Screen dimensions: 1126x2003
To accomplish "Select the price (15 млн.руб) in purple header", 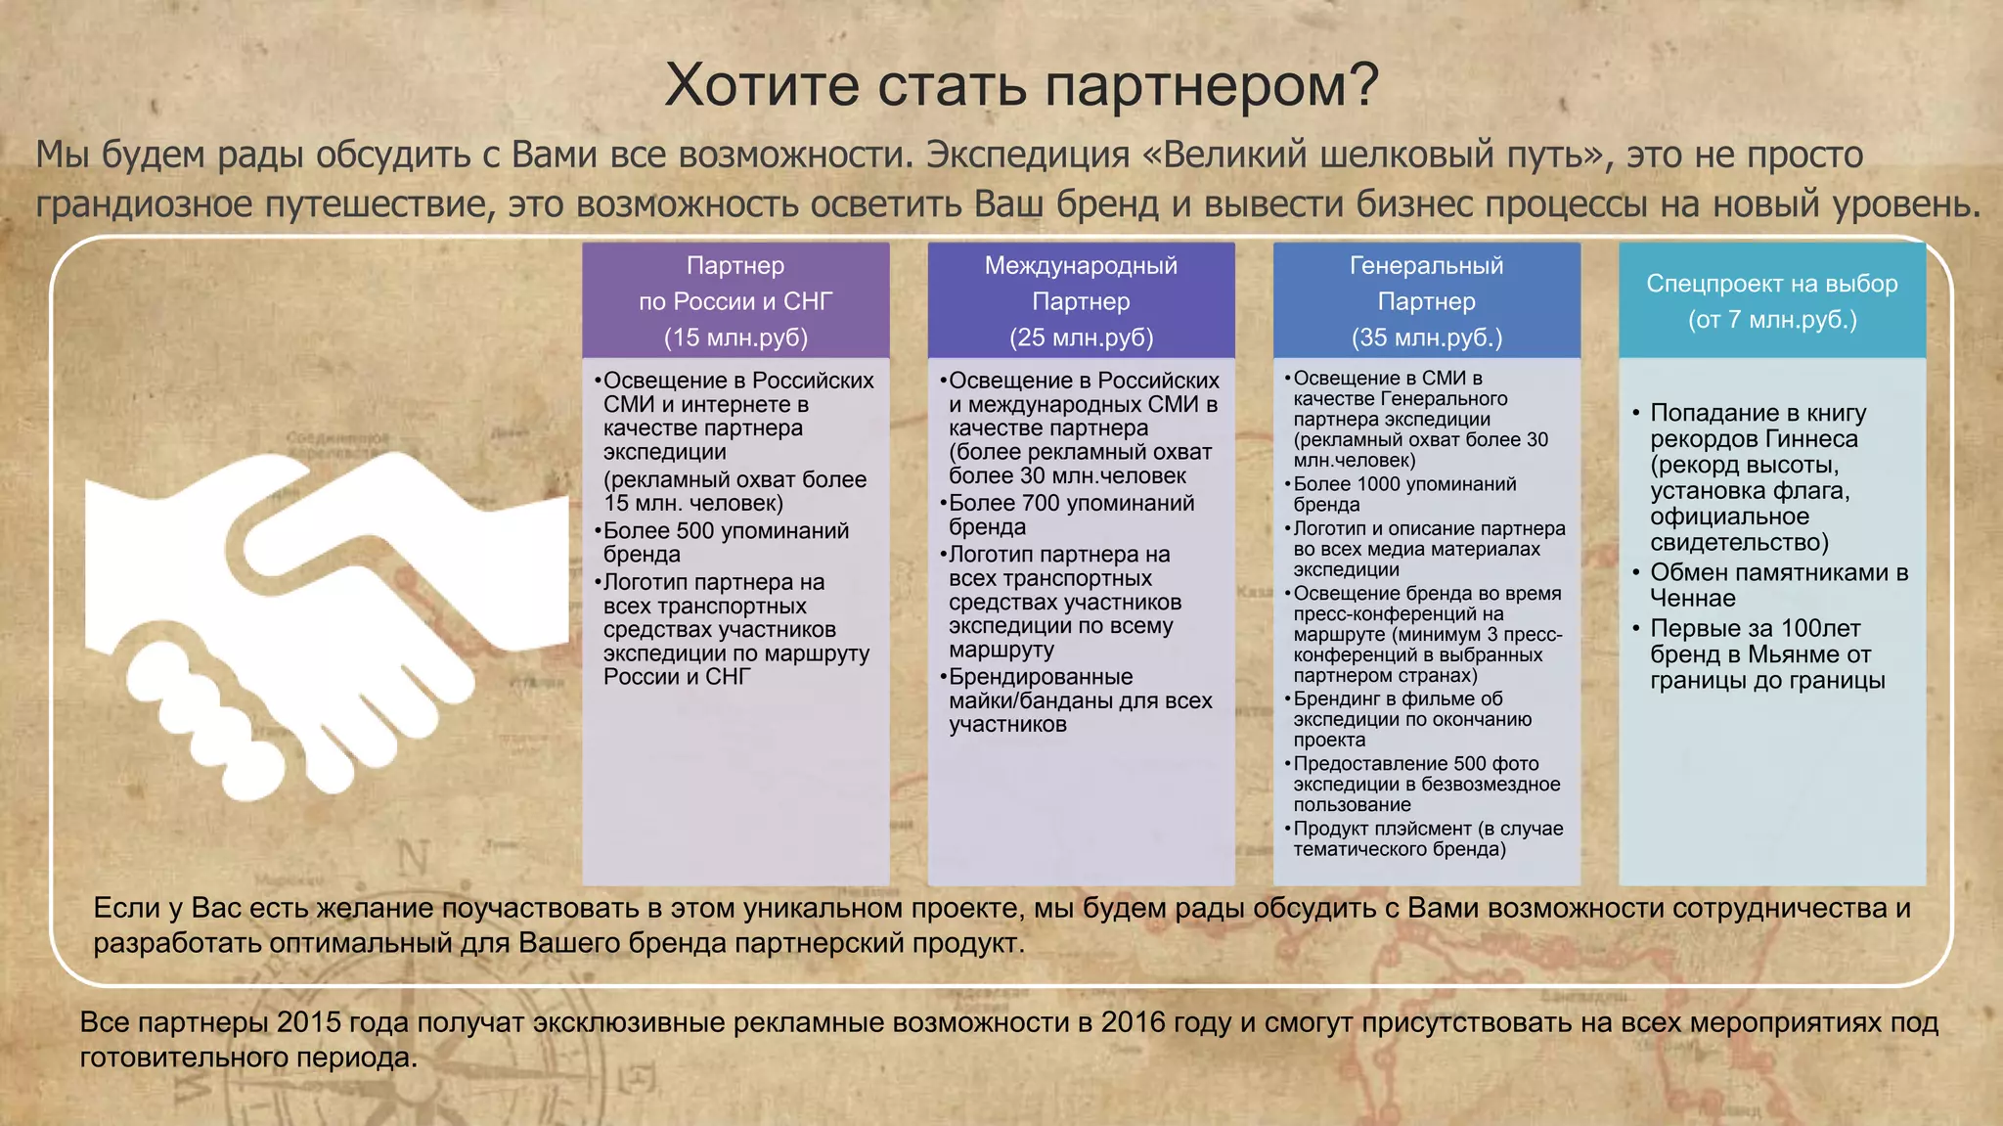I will tap(735, 338).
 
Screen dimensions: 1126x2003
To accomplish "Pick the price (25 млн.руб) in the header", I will tap(1081, 338).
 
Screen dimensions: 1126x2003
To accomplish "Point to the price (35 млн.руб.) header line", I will tap(1426, 338).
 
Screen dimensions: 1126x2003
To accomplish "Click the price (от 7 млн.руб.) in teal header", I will tap(1771, 320).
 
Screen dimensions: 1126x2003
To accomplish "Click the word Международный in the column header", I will tap(1081, 265).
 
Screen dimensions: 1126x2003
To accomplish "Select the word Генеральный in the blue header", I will tap(1426, 265).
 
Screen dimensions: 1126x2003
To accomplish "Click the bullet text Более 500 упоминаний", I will tap(726, 530).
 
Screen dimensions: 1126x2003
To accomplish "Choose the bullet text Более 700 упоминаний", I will tap(1071, 503).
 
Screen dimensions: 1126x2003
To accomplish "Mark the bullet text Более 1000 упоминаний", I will tap(1404, 483).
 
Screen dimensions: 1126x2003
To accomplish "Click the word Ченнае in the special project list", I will tap(1692, 598).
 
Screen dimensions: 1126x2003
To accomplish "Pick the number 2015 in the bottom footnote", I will tap(309, 1022).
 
